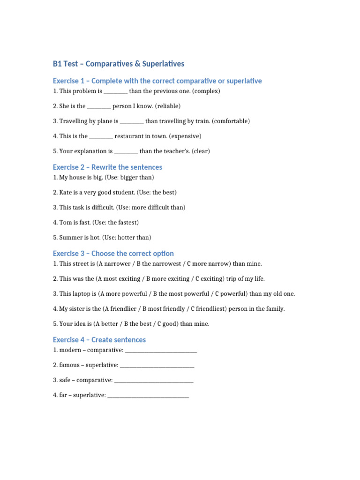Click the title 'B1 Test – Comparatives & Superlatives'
pos(119,64)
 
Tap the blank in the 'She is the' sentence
pos(99,106)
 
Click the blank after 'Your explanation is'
pos(126,151)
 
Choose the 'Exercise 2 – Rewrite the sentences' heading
pos(107,167)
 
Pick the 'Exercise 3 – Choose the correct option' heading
pos(113,254)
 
